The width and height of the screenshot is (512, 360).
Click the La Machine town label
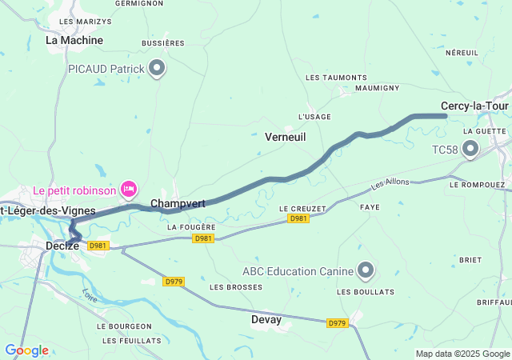coord(74,39)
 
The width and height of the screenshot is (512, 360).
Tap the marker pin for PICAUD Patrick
coord(158,69)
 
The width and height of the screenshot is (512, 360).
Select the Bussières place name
coord(162,43)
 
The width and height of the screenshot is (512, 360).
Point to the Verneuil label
coord(286,138)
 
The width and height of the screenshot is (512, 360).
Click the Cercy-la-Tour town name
coord(475,106)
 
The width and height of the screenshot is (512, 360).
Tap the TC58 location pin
coord(470,149)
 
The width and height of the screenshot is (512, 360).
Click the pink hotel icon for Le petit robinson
coord(128,189)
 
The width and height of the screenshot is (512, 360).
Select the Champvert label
coord(178,204)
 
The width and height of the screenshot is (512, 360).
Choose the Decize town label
coord(62,246)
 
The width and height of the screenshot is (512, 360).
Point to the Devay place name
coord(266,320)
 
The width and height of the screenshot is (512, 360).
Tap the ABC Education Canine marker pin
coord(366,270)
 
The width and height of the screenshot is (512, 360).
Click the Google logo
coord(26,350)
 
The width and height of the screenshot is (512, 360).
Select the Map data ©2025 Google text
coord(462,354)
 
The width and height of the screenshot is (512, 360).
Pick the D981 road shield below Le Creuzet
coord(298,218)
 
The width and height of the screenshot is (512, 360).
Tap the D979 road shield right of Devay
coord(337,323)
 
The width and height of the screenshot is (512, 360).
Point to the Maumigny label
coord(377,87)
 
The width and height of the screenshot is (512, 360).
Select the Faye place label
coord(370,206)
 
